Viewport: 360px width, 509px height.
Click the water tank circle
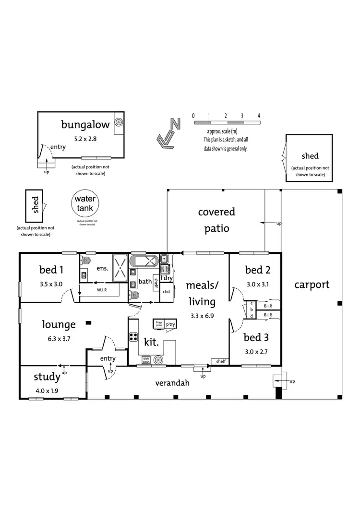(85, 204)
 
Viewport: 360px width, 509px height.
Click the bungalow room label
(85, 125)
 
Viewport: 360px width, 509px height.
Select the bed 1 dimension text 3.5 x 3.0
(51, 284)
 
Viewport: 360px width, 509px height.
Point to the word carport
(312, 284)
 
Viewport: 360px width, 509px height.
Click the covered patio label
(216, 220)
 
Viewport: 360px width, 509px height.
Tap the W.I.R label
(102, 290)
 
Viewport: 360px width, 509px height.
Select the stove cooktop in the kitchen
(133, 337)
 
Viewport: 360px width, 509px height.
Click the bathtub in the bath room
(145, 261)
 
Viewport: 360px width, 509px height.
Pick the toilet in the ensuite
(86, 261)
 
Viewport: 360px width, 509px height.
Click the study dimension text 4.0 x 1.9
(47, 391)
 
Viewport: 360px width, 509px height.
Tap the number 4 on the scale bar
(259, 116)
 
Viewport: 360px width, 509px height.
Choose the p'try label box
(170, 324)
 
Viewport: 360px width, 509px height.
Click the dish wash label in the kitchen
(146, 360)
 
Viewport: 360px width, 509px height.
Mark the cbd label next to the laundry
(167, 291)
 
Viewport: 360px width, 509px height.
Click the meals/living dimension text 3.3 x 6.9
(202, 316)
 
